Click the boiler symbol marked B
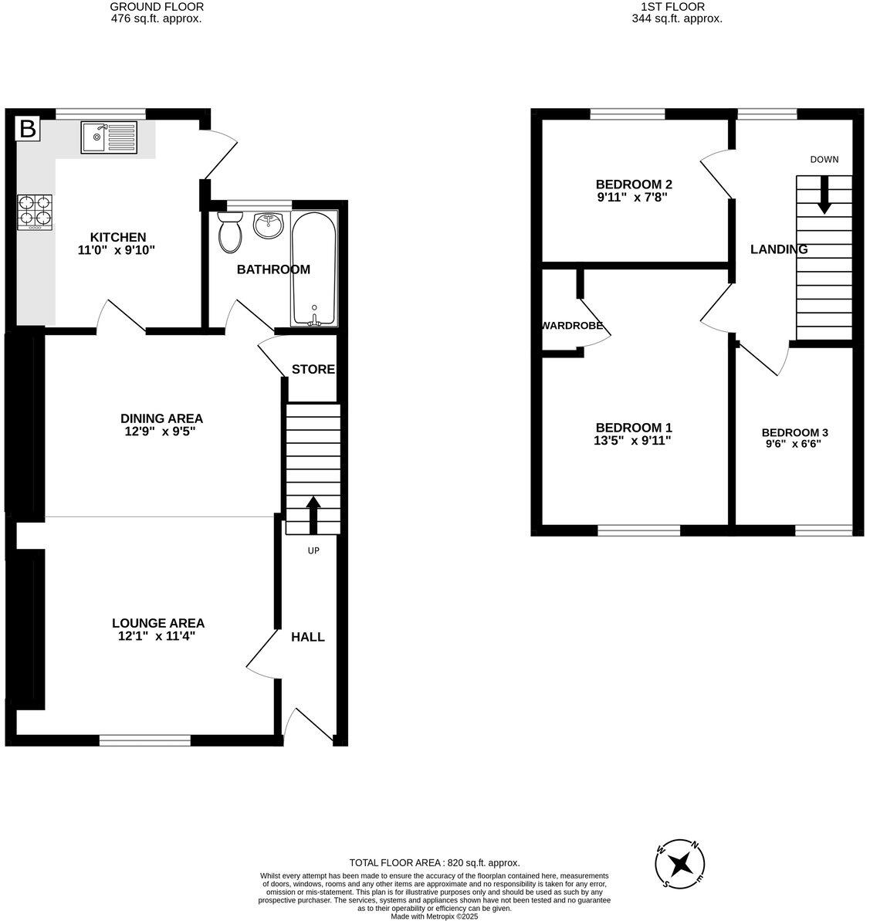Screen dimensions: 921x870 [28, 129]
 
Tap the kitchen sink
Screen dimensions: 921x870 [109, 138]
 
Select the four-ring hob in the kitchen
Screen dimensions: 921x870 [35, 212]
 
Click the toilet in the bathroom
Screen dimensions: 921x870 [229, 232]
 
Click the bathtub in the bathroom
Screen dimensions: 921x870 [313, 268]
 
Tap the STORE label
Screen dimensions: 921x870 [313, 369]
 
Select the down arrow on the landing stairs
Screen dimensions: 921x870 [824, 195]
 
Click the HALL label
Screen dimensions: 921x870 [308, 637]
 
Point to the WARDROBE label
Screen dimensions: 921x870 [572, 326]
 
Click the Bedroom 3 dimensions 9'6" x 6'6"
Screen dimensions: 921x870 [794, 445]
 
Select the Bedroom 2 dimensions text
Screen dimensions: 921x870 [633, 198]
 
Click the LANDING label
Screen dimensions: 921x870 [779, 249]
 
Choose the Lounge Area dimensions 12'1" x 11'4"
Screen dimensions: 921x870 [158, 637]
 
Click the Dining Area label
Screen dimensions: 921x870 [162, 418]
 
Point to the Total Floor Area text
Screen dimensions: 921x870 [435, 862]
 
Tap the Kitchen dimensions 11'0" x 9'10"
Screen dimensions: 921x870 [118, 251]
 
